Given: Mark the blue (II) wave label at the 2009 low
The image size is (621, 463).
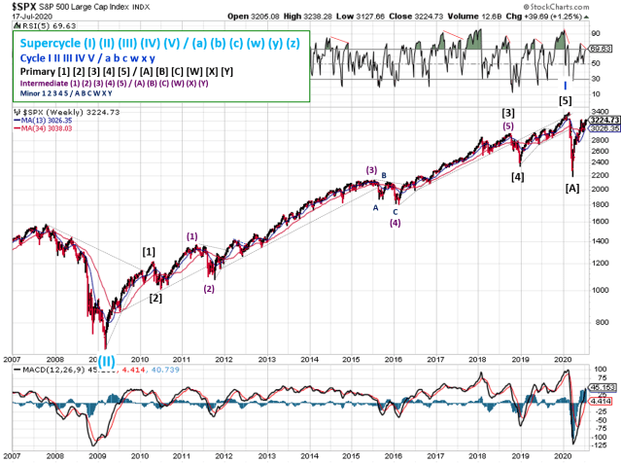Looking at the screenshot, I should (106, 360).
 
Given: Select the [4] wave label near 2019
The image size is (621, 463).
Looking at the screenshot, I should (518, 177).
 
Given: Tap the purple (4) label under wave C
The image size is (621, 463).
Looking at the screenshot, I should (395, 223).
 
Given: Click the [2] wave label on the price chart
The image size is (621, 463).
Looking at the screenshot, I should (155, 298).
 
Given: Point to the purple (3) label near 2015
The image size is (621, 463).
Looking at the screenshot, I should (371, 170).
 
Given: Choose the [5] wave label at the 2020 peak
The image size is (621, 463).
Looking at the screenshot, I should (565, 101).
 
